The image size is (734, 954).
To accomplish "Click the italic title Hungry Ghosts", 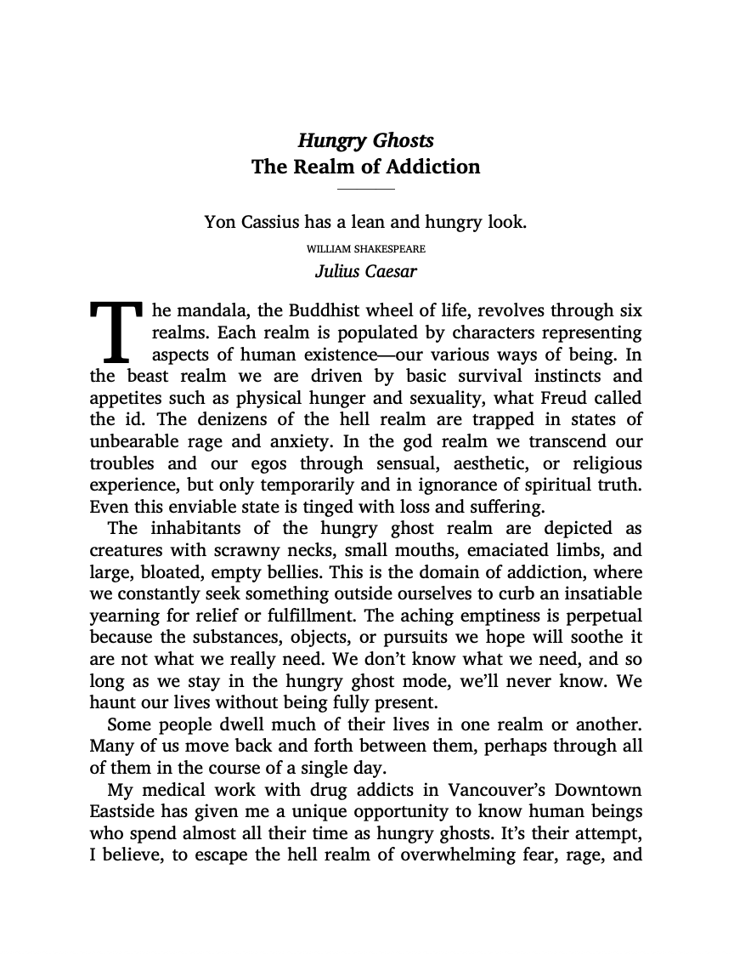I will [x=365, y=140].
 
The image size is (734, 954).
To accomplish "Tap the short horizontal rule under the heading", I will [x=366, y=188].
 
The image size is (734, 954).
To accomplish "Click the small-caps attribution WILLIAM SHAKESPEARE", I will [x=365, y=249].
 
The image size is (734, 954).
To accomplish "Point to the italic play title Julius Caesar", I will [x=365, y=272].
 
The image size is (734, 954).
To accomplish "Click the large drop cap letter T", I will [x=116, y=331].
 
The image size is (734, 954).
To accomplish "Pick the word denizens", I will [x=196, y=420].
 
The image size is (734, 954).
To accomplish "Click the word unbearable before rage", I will [x=132, y=442].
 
